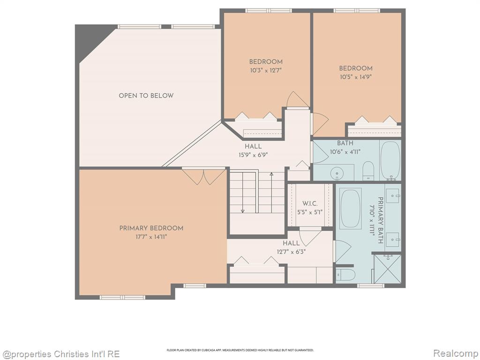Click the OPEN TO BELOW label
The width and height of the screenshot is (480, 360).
coord(146,96)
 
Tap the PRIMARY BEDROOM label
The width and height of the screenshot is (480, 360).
coord(151,228)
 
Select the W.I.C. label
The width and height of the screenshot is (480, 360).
coord(310,203)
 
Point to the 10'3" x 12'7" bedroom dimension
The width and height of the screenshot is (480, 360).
coord(266,70)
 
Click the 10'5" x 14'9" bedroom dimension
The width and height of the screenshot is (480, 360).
coord(356,77)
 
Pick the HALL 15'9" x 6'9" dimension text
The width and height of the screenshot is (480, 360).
coord(253,155)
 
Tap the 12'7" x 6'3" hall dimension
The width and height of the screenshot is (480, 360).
coord(291,252)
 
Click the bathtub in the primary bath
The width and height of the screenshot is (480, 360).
coord(351,208)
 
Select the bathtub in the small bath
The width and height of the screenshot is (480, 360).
coord(390,160)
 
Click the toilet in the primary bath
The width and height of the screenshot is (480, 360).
coord(346,275)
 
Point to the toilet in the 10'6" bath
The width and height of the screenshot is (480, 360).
coord(368,171)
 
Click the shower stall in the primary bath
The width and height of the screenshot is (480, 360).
coord(388,269)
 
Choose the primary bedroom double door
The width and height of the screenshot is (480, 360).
coord(203,176)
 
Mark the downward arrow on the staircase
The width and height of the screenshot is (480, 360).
coord(243,193)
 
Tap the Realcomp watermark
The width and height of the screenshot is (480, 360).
coord(455,353)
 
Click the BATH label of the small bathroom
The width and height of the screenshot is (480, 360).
coord(345,143)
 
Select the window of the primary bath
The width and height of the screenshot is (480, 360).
coord(370,285)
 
